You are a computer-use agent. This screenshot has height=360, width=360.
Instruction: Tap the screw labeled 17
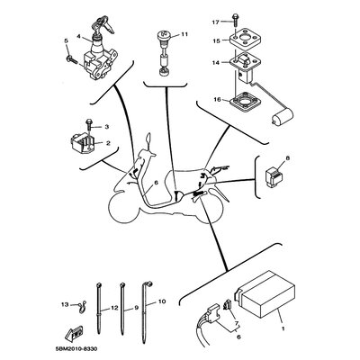[x=234, y=22]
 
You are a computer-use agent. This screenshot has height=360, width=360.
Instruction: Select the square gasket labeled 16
[x=243, y=103]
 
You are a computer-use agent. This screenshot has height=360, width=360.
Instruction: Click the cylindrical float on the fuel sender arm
[x=282, y=117]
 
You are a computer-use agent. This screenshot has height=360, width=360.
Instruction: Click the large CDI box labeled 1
[x=265, y=294]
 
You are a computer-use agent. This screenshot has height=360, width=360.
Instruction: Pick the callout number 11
[x=184, y=34]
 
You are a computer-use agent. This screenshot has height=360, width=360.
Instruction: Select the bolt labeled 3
[x=89, y=124]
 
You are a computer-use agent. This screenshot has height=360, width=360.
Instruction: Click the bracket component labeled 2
[x=83, y=144]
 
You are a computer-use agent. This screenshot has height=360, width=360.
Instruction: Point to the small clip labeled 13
[x=81, y=307]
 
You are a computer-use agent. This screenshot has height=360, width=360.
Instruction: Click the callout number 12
[x=114, y=308]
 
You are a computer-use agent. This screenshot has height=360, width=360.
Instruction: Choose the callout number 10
[x=162, y=301]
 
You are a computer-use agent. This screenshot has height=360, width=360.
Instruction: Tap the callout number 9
[x=136, y=308]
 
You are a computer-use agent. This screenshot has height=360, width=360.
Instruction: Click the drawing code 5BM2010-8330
[x=76, y=349]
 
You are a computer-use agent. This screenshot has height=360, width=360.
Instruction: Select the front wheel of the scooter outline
[x=123, y=208]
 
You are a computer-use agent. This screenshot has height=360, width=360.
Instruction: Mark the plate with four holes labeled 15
[x=244, y=39]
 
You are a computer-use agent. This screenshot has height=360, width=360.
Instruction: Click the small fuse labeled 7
[x=228, y=305]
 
